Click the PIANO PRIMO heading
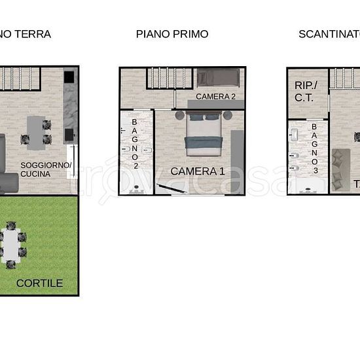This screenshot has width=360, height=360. click(172, 34)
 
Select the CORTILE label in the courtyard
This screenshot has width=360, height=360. click(39, 283)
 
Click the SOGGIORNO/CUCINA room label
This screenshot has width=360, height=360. click(46, 170)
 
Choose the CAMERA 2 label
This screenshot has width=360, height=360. click(215, 96)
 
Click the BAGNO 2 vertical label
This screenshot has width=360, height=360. click(135, 143)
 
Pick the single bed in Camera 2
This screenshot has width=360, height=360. click(218, 78)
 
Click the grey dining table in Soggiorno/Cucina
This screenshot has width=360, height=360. click(36, 130)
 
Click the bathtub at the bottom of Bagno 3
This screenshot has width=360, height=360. click(307, 186)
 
